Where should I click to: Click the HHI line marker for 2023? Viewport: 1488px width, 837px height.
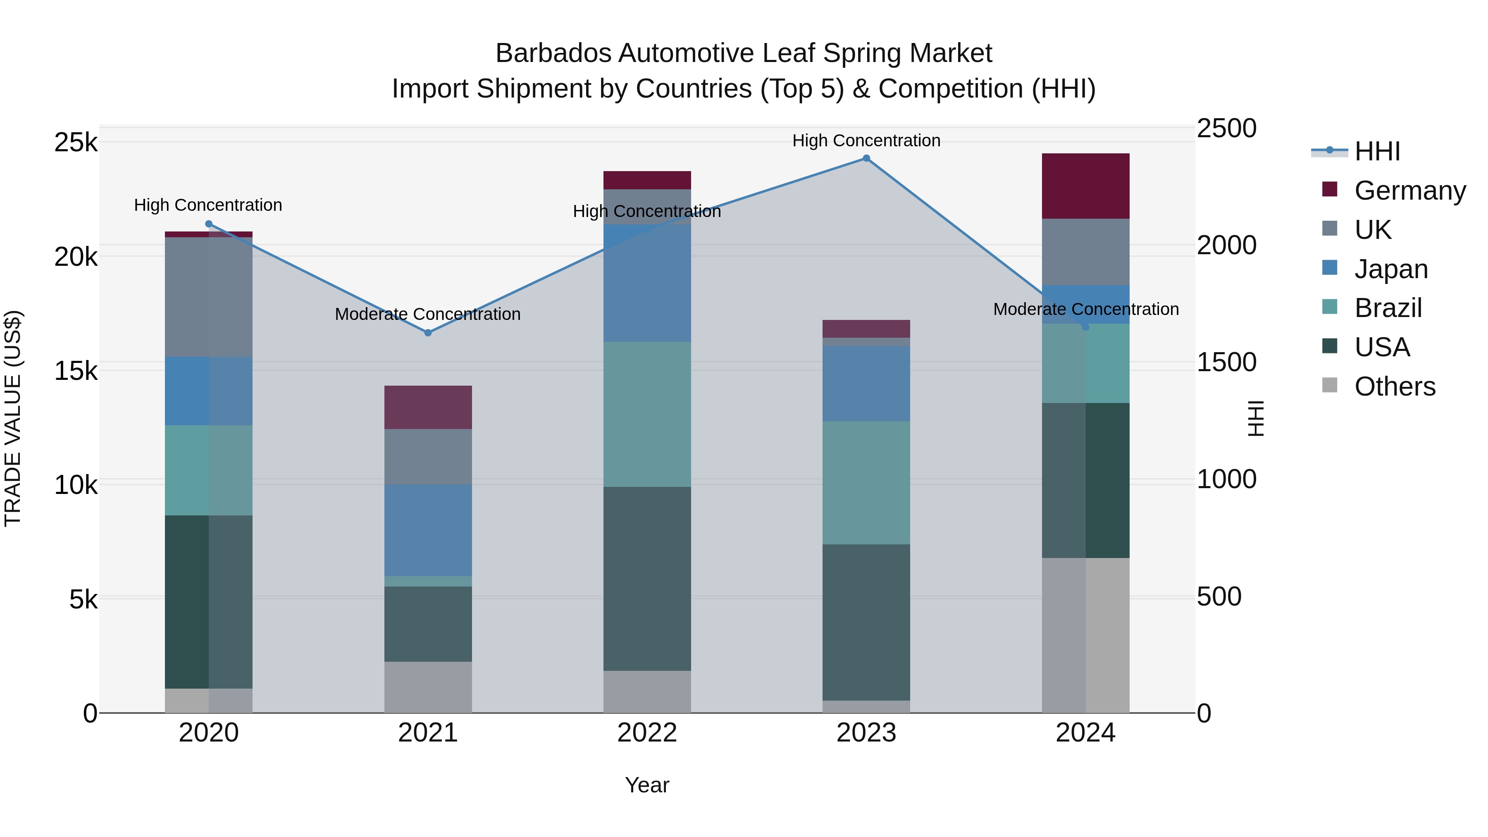coord(866,158)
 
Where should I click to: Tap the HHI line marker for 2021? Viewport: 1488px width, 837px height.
coord(428,333)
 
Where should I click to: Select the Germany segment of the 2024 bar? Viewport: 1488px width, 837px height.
coord(1085,186)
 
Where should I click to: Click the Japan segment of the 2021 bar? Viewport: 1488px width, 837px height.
coord(428,530)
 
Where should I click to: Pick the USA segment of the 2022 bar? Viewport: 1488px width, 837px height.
coord(647,578)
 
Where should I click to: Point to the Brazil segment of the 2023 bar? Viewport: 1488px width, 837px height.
coord(866,482)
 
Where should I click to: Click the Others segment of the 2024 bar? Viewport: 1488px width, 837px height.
coord(1085,635)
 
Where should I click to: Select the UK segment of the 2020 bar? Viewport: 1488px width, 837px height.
coord(209,297)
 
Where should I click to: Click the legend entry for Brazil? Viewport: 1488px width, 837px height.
coord(1388,308)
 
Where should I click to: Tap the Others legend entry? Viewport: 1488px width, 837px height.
coord(1395,386)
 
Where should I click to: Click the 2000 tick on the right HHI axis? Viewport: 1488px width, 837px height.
coord(1226,246)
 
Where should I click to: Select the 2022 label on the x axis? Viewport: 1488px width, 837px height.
coord(647,733)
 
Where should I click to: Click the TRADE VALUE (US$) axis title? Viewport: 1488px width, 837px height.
coord(13,418)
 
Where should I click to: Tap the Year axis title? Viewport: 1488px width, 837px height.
coord(647,785)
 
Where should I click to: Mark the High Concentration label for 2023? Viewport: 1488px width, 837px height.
coord(866,141)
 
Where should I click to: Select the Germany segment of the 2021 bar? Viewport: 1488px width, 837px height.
coord(428,407)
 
